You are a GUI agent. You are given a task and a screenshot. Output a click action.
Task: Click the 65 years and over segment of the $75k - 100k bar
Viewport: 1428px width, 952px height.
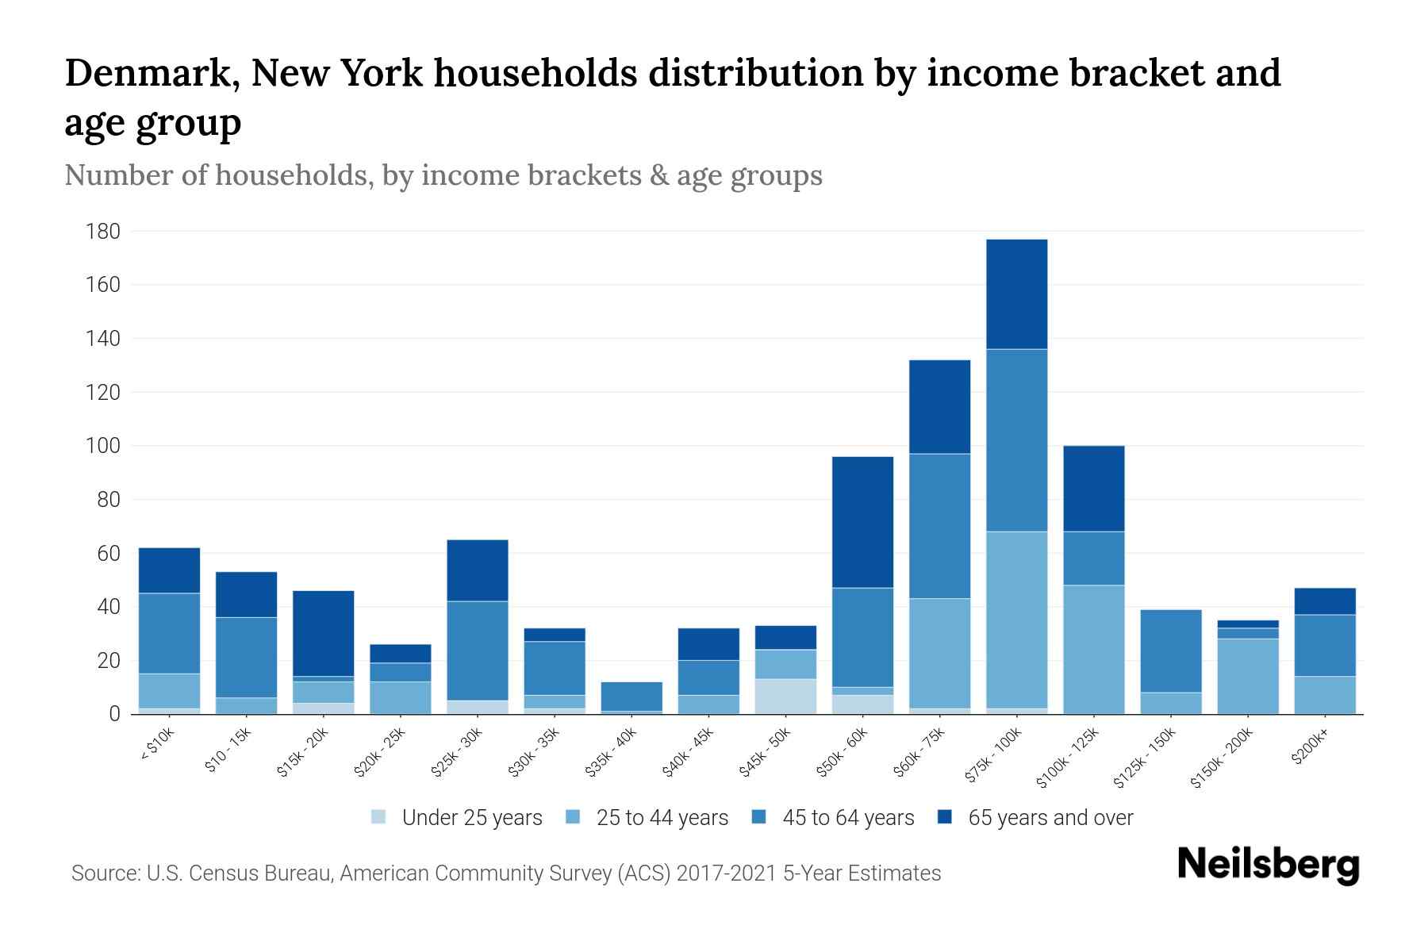pyautogui.click(x=1016, y=294)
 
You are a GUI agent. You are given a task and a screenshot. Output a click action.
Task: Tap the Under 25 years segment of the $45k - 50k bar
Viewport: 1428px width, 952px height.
pyautogui.click(x=785, y=696)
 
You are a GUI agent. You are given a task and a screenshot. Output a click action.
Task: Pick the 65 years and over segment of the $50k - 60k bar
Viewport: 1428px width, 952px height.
pyautogui.click(x=862, y=522)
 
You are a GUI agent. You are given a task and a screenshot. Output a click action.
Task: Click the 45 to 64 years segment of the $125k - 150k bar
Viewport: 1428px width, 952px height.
pyautogui.click(x=1170, y=651)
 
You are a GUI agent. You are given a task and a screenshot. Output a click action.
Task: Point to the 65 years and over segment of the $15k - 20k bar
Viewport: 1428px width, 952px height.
pyautogui.click(x=323, y=633)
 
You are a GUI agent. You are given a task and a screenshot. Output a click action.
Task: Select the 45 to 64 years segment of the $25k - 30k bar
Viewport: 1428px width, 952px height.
pyautogui.click(x=478, y=651)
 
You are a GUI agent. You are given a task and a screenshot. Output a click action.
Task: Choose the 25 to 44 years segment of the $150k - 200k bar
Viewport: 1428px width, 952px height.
pyautogui.click(x=1247, y=676)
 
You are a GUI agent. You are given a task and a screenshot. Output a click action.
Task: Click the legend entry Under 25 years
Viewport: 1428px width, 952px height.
pyautogui.click(x=471, y=818)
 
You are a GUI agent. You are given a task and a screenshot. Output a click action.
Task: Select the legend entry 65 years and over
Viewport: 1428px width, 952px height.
pyautogui.click(x=1050, y=818)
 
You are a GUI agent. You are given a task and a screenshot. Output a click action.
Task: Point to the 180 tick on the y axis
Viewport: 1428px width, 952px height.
pyautogui.click(x=103, y=232)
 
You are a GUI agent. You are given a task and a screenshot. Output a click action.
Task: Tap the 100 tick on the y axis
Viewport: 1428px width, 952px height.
pyautogui.click(x=103, y=446)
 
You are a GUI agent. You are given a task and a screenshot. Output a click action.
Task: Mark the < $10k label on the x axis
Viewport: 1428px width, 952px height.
pyautogui.click(x=157, y=746)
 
